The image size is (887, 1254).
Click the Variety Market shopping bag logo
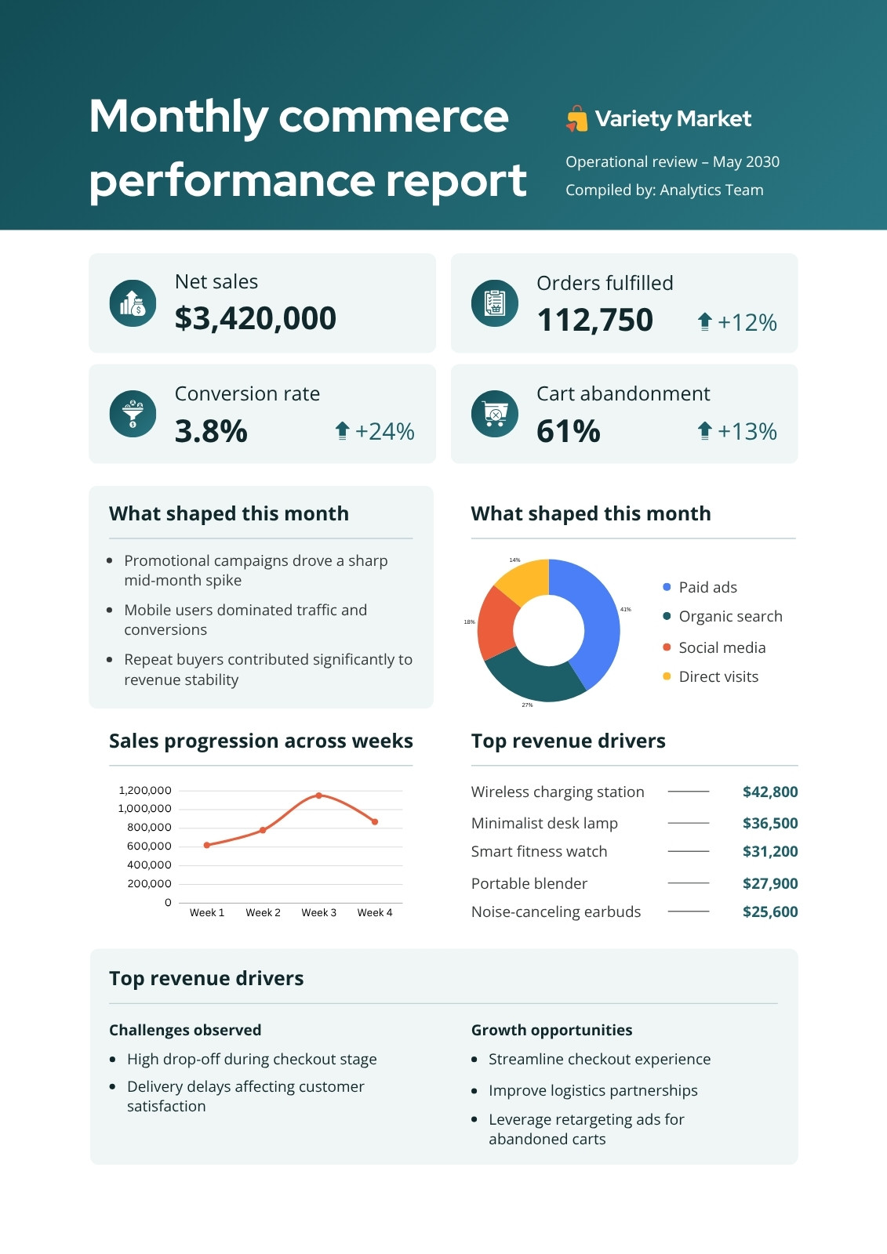(x=576, y=118)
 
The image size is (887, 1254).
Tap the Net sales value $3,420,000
(x=256, y=318)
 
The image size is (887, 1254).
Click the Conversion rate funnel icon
(x=133, y=414)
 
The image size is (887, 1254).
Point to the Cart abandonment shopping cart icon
(x=495, y=414)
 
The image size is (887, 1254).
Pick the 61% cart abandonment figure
(x=568, y=431)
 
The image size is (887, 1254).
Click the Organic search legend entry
(x=723, y=616)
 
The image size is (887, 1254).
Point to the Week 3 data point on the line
(x=319, y=795)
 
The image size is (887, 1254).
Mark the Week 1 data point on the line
(x=207, y=845)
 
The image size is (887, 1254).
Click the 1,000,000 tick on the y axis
(x=144, y=808)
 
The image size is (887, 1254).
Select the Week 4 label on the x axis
(x=375, y=912)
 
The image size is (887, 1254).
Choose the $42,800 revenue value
(x=770, y=792)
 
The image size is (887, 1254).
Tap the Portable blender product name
(x=529, y=883)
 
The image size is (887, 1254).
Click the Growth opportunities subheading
(x=551, y=1030)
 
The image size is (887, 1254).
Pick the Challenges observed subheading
(x=185, y=1030)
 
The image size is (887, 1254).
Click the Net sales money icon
(x=133, y=303)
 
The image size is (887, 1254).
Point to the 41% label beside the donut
(x=625, y=609)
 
